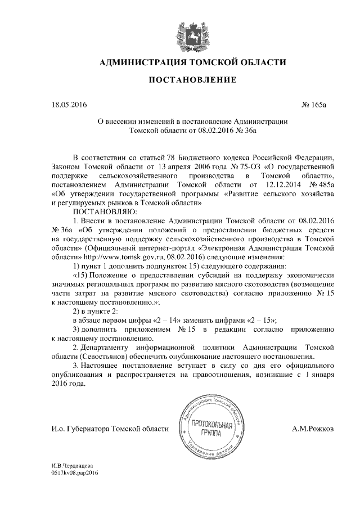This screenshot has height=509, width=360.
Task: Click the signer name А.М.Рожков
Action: tap(314, 429)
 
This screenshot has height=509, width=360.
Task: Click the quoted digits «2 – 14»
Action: tap(170, 318)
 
